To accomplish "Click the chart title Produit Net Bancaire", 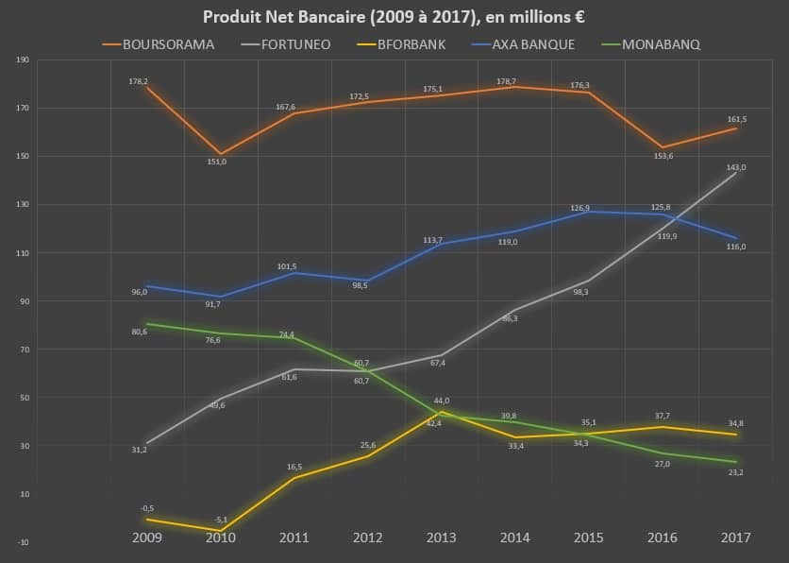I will [394, 17].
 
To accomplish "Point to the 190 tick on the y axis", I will [23, 60].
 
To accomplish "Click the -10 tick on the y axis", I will [23, 542].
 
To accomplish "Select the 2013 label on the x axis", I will [441, 537].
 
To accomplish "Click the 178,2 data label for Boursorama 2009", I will [139, 81].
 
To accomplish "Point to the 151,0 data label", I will [216, 162].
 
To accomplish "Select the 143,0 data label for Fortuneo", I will [735, 167].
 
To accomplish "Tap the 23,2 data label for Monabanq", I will [735, 471].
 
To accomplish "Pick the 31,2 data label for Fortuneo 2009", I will [139, 450].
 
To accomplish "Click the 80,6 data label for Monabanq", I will [139, 332].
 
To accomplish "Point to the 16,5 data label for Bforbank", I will [294, 466].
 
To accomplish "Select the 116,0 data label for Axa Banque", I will [735, 246].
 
